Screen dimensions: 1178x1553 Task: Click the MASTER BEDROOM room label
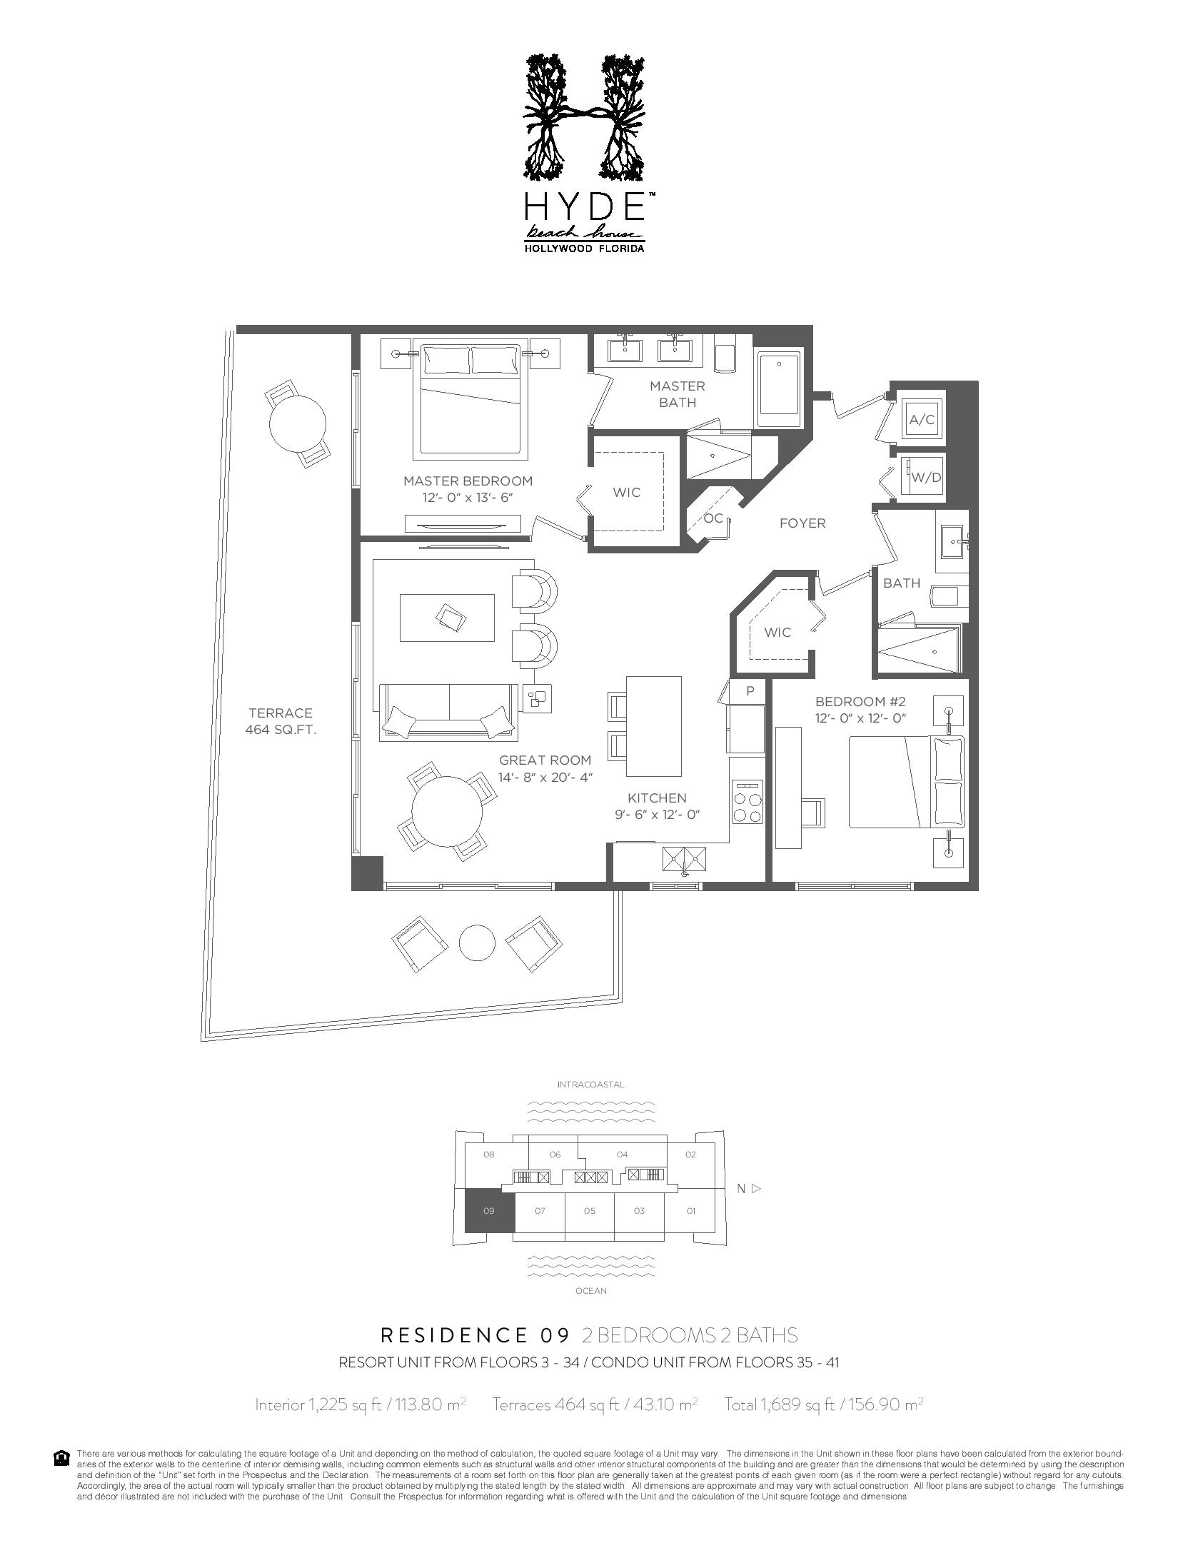(x=468, y=481)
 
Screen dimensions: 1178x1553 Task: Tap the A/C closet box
(x=921, y=419)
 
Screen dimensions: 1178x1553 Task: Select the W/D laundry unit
(x=926, y=477)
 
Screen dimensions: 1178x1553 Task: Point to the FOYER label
(x=802, y=523)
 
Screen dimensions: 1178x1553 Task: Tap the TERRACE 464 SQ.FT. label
(x=280, y=721)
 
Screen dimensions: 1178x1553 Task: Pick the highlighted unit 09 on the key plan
(x=489, y=1210)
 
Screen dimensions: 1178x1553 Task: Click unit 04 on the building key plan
(x=622, y=1154)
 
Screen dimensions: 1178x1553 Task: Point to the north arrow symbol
(x=757, y=1189)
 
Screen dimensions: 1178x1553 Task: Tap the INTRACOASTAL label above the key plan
(x=590, y=1084)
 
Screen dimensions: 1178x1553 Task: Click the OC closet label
(x=713, y=518)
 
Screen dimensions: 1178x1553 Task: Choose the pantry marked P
(x=750, y=691)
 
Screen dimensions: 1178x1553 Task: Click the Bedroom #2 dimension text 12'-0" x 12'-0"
(x=860, y=718)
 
